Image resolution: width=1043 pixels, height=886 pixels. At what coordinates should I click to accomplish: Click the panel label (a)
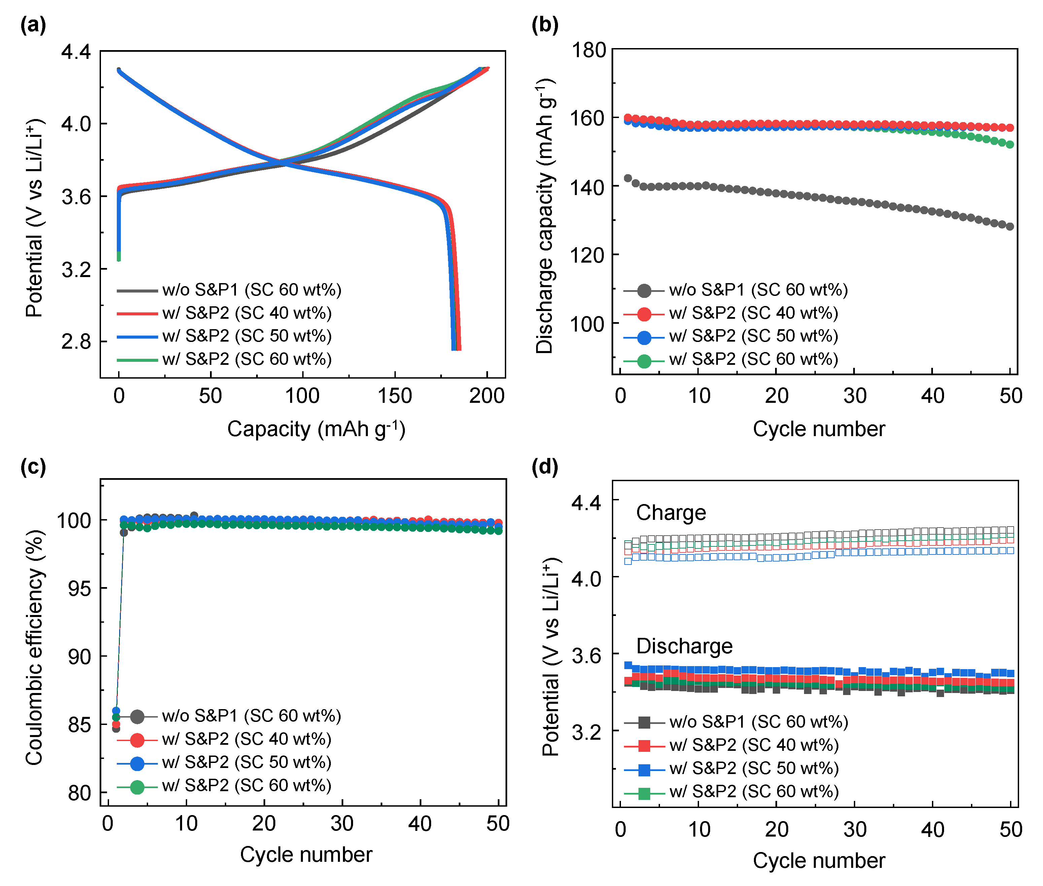click(33, 24)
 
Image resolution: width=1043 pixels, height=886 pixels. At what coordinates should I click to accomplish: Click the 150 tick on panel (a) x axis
click(394, 396)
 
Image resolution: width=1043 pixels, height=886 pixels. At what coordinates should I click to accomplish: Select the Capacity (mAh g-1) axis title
click(316, 429)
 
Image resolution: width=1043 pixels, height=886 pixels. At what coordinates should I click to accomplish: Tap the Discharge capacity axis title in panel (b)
click(545, 216)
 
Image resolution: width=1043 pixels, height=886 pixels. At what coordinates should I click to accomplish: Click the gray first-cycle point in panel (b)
click(628, 178)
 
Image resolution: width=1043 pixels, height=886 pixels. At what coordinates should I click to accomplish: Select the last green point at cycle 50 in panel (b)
click(1010, 145)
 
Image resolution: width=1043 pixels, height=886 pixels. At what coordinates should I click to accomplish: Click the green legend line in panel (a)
click(137, 360)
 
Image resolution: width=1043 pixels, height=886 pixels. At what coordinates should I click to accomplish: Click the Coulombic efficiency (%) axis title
click(34, 648)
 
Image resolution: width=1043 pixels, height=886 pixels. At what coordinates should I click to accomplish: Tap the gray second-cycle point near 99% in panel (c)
click(124, 532)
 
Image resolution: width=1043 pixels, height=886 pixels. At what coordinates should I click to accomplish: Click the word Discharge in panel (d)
click(684, 646)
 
